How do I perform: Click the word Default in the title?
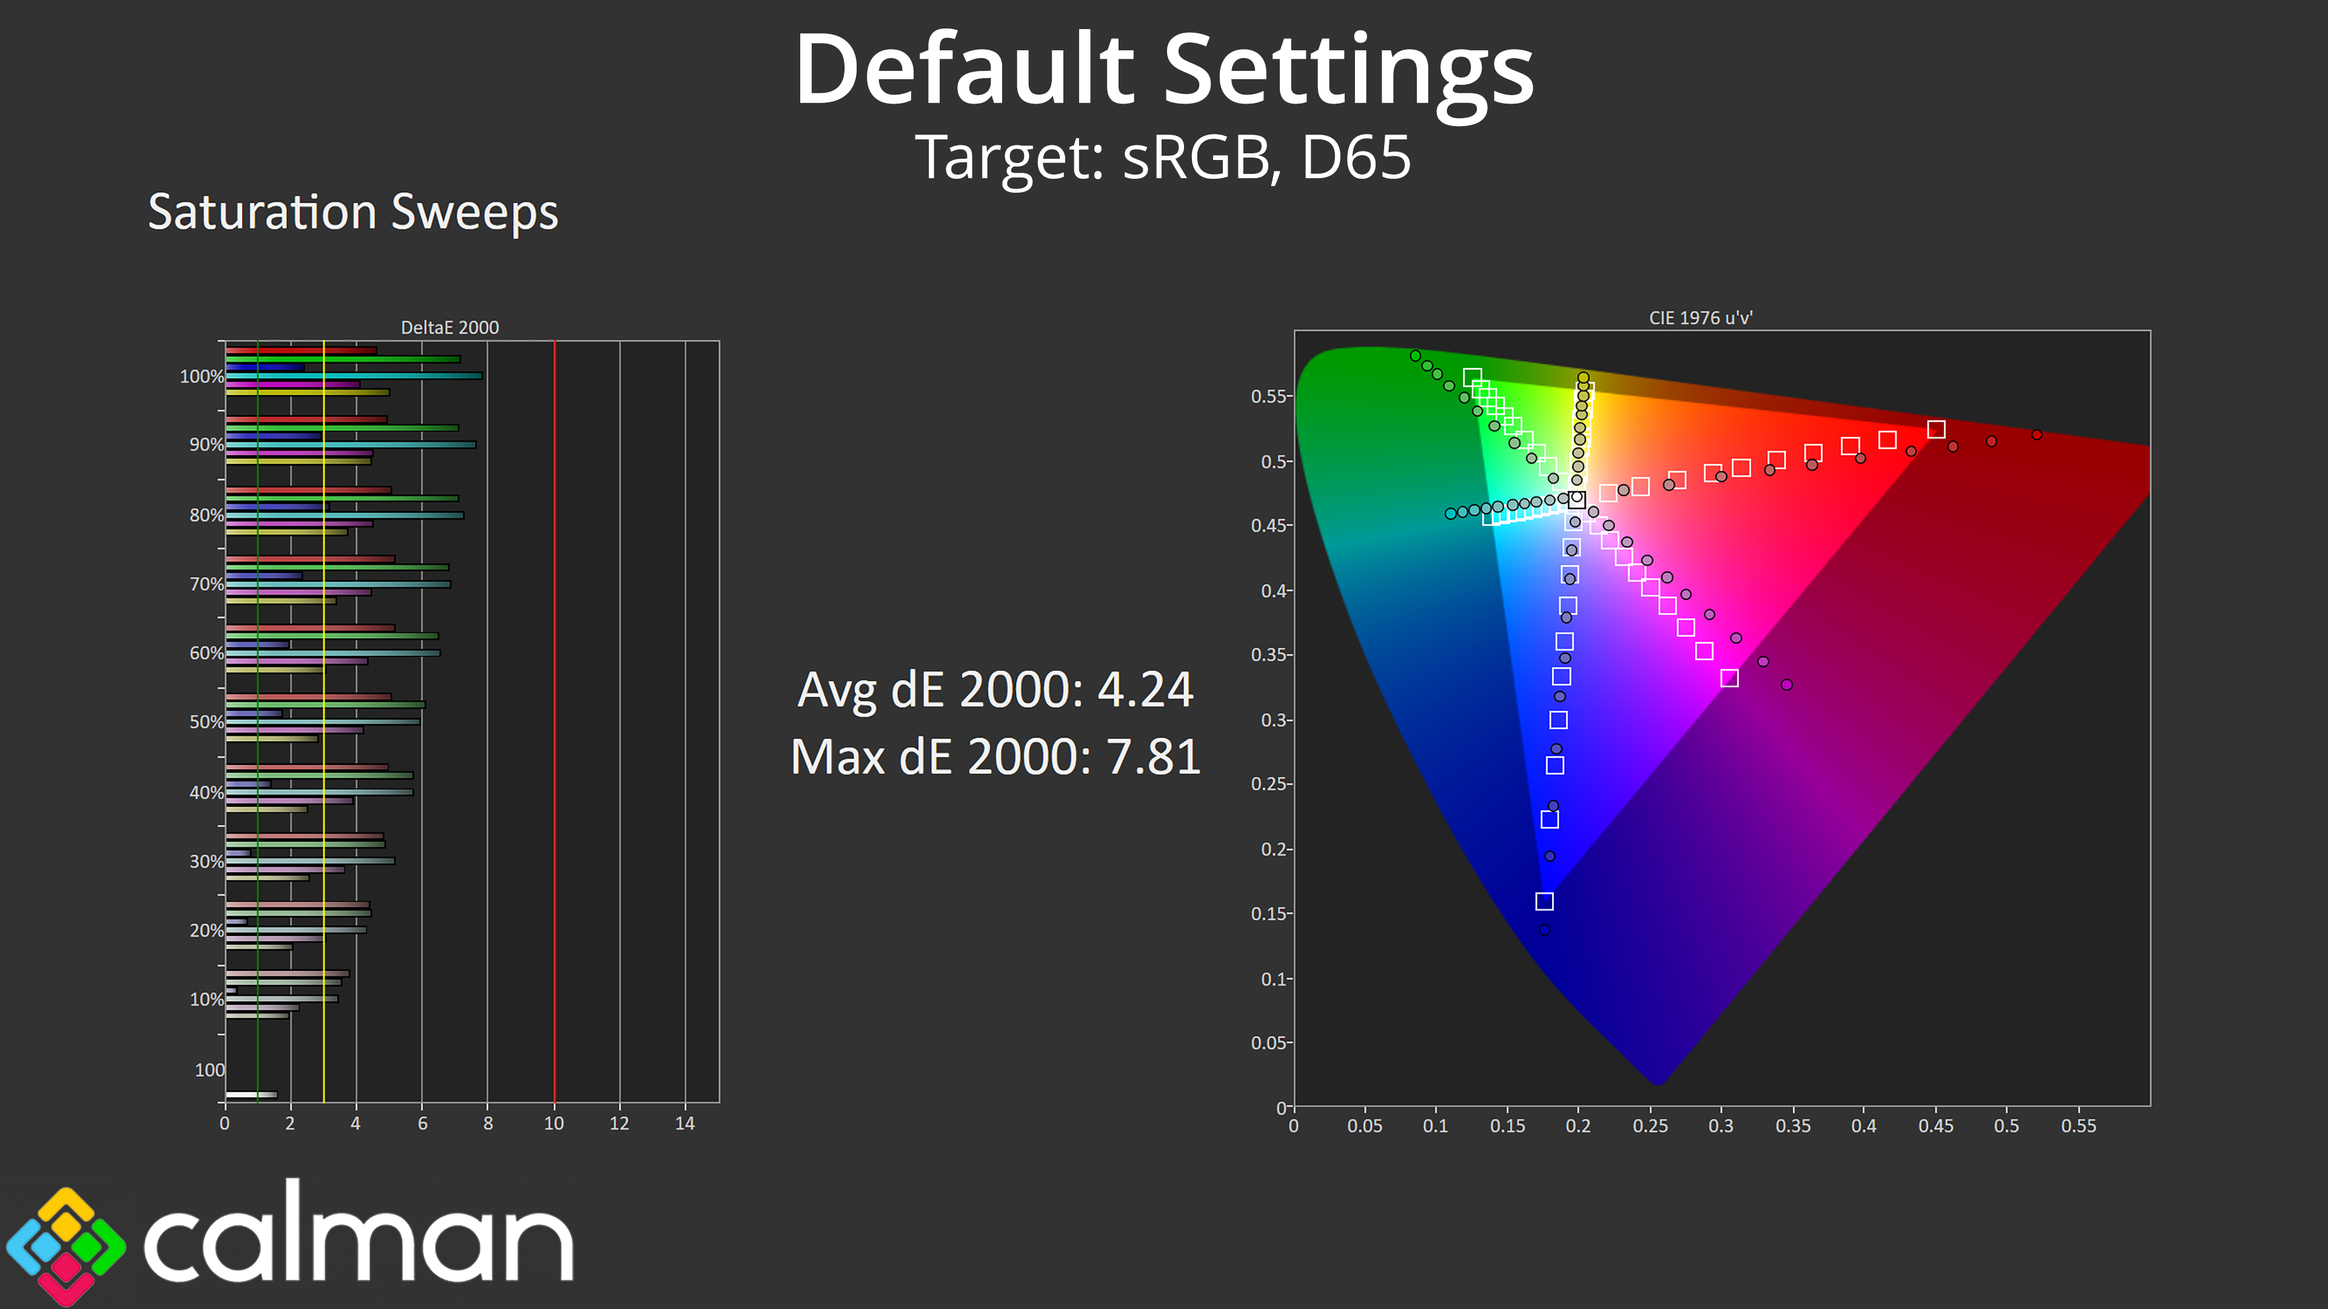(x=963, y=70)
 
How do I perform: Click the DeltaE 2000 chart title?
(x=449, y=327)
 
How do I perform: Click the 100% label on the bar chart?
(x=201, y=377)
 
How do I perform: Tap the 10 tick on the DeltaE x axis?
(x=554, y=1123)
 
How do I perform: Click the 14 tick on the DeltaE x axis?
(x=685, y=1123)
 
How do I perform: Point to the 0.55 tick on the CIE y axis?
(x=1269, y=396)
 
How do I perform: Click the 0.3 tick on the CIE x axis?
(x=1721, y=1125)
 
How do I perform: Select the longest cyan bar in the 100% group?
(x=353, y=376)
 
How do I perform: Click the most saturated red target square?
(x=1936, y=429)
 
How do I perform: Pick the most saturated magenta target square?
(x=1729, y=678)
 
